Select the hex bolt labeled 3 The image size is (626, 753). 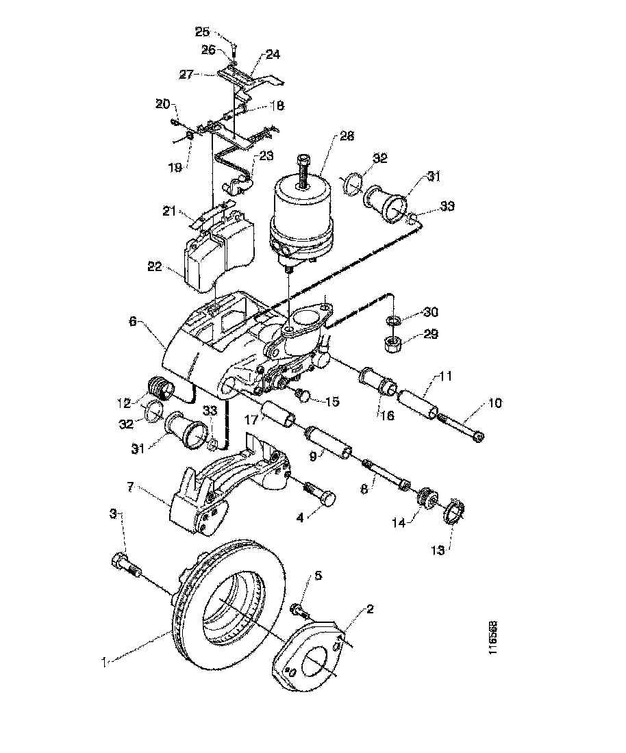pos(123,566)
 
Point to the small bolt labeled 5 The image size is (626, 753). pos(299,609)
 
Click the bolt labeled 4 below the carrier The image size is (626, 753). pos(320,494)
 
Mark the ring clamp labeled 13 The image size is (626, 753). pos(455,512)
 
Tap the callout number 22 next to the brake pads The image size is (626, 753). pos(155,266)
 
